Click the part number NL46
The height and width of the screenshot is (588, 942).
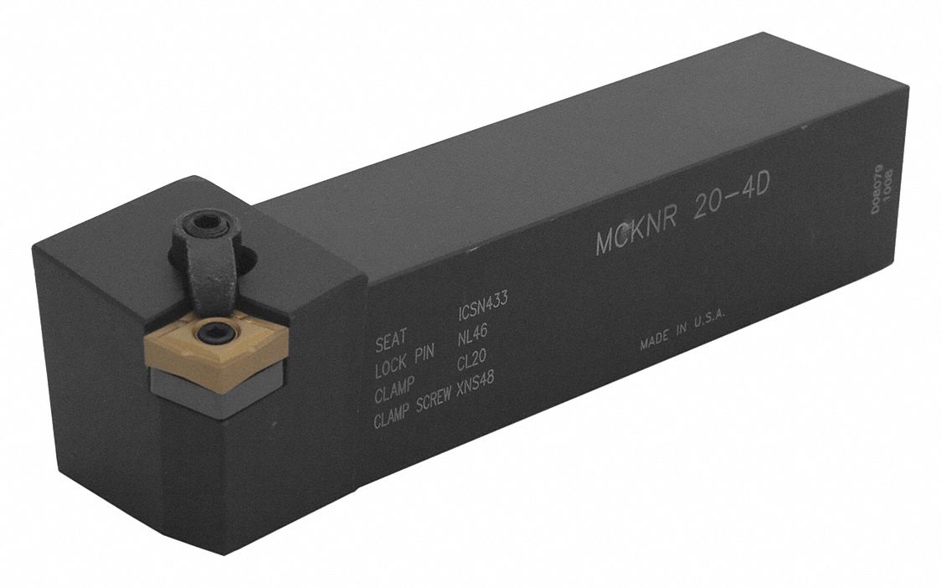point(475,341)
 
